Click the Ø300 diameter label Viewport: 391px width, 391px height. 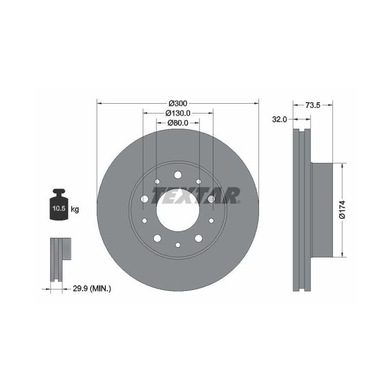178,103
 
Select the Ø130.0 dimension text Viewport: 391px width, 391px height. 178,113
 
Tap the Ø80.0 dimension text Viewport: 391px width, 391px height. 178,123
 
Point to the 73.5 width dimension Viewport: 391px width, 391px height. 313,105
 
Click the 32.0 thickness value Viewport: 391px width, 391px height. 279,119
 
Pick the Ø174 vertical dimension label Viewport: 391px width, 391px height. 342,210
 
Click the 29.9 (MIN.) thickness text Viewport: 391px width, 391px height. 92,289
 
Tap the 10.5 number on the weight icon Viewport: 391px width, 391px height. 59,209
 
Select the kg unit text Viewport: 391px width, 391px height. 75,209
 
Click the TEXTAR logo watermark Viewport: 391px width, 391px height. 196,195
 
